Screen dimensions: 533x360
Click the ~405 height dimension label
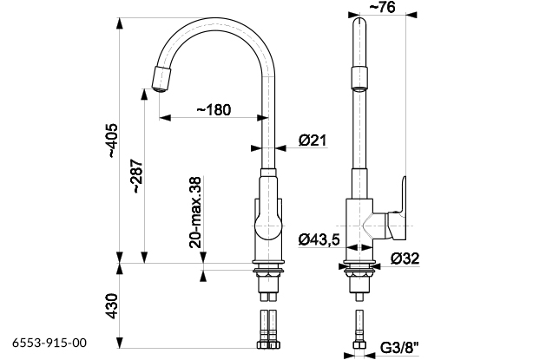(x=113, y=141)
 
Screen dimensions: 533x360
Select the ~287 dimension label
(x=138, y=176)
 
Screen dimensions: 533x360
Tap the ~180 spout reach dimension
(x=214, y=109)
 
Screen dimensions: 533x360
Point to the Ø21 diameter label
(x=313, y=140)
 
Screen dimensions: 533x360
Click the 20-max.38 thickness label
(x=196, y=213)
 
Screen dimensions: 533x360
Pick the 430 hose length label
(x=112, y=306)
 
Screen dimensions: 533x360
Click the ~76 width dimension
(x=382, y=7)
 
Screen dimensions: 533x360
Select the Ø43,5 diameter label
(x=319, y=239)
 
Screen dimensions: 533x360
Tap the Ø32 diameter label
(x=405, y=259)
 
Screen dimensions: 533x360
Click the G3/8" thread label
(x=399, y=348)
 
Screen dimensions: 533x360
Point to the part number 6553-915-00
(x=49, y=343)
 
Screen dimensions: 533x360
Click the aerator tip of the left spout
(x=161, y=79)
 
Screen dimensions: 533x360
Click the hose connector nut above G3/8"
(x=359, y=344)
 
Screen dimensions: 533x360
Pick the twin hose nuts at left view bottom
(x=268, y=344)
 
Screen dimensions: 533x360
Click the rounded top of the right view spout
(x=359, y=23)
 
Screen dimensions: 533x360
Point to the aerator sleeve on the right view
(x=359, y=79)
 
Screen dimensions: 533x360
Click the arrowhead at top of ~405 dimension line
(x=119, y=23)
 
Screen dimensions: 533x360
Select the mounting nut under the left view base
(x=268, y=273)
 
